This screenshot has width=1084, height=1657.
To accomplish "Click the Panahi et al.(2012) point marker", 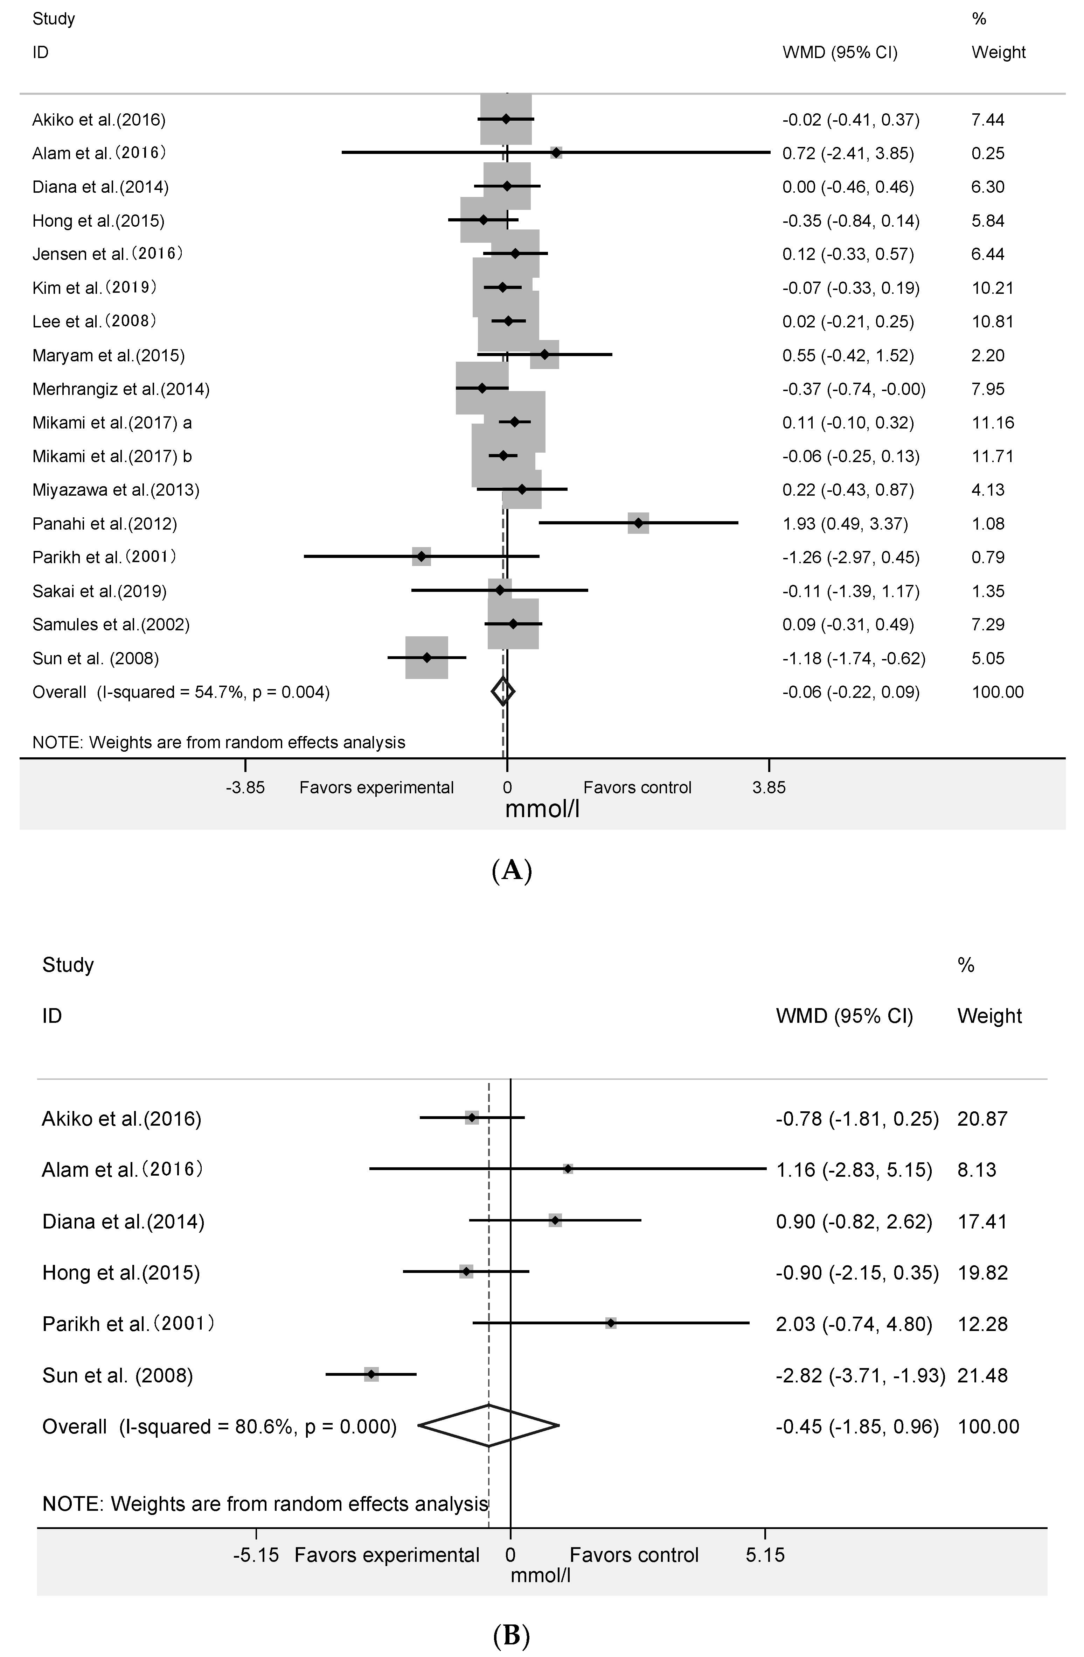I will click(x=638, y=523).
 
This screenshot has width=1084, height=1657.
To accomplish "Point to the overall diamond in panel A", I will click(x=503, y=691).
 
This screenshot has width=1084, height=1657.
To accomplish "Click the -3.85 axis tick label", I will click(x=245, y=787).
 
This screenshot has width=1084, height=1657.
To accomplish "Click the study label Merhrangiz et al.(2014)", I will click(x=120, y=389).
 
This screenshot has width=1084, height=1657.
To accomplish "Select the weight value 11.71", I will click(x=992, y=456).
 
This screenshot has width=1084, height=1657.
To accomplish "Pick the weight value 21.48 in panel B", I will click(x=982, y=1375).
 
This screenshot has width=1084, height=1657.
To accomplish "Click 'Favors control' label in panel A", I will click(x=637, y=787).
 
